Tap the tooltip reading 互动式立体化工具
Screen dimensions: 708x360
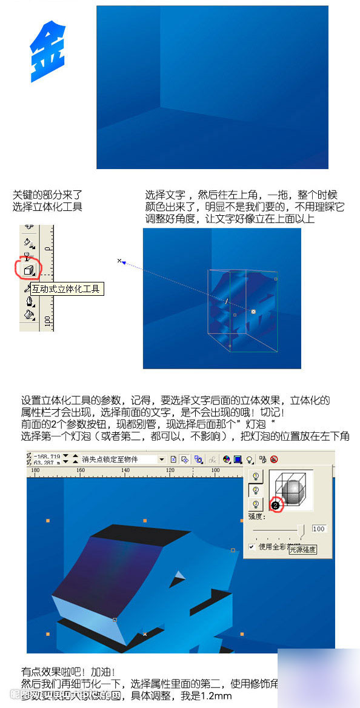coord(67,289)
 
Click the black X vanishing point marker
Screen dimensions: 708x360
coord(119,261)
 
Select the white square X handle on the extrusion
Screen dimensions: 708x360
coord(253,312)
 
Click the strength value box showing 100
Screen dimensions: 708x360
coord(319,529)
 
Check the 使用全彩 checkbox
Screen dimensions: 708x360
coord(252,547)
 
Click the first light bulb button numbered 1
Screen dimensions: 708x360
coord(255,476)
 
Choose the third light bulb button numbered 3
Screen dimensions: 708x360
coord(255,504)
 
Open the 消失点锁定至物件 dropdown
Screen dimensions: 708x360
coord(162,459)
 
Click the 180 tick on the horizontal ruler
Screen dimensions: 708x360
coord(35,470)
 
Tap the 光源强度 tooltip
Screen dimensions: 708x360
coord(302,550)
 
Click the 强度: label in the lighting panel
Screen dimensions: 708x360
coord(256,517)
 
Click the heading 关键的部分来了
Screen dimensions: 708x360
coord(47,195)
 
